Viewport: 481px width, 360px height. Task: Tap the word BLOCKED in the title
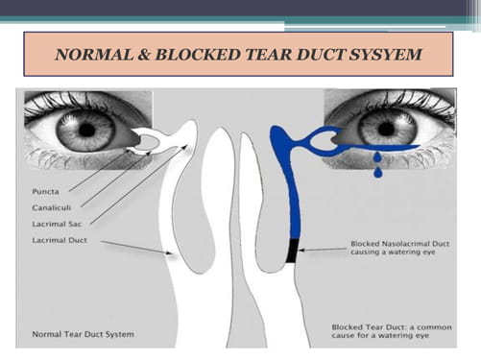click(x=198, y=55)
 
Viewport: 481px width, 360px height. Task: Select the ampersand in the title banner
click(x=144, y=55)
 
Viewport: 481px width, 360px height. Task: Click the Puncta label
click(x=45, y=192)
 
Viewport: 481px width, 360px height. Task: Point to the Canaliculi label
click(x=52, y=207)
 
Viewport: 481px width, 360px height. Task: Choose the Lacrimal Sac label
click(x=57, y=224)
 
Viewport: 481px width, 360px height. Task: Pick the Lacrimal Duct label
click(x=60, y=240)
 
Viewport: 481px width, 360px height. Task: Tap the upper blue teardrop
click(x=378, y=157)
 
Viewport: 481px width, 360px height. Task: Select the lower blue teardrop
click(x=378, y=172)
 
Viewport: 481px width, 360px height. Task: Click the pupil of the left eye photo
click(x=86, y=130)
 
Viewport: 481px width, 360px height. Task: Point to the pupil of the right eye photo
click(x=386, y=129)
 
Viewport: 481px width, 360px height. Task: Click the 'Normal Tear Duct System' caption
click(x=84, y=334)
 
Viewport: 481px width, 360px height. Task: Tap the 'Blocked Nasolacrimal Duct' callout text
click(x=399, y=244)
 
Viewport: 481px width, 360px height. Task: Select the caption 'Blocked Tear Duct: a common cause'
click(x=392, y=331)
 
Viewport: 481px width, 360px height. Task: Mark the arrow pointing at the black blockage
click(x=323, y=250)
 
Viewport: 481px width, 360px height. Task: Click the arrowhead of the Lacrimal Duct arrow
click(x=170, y=253)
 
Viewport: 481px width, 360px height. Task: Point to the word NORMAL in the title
click(x=94, y=55)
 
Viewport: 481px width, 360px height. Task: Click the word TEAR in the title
click(x=268, y=55)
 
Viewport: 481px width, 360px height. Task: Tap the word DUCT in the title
click(x=320, y=55)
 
